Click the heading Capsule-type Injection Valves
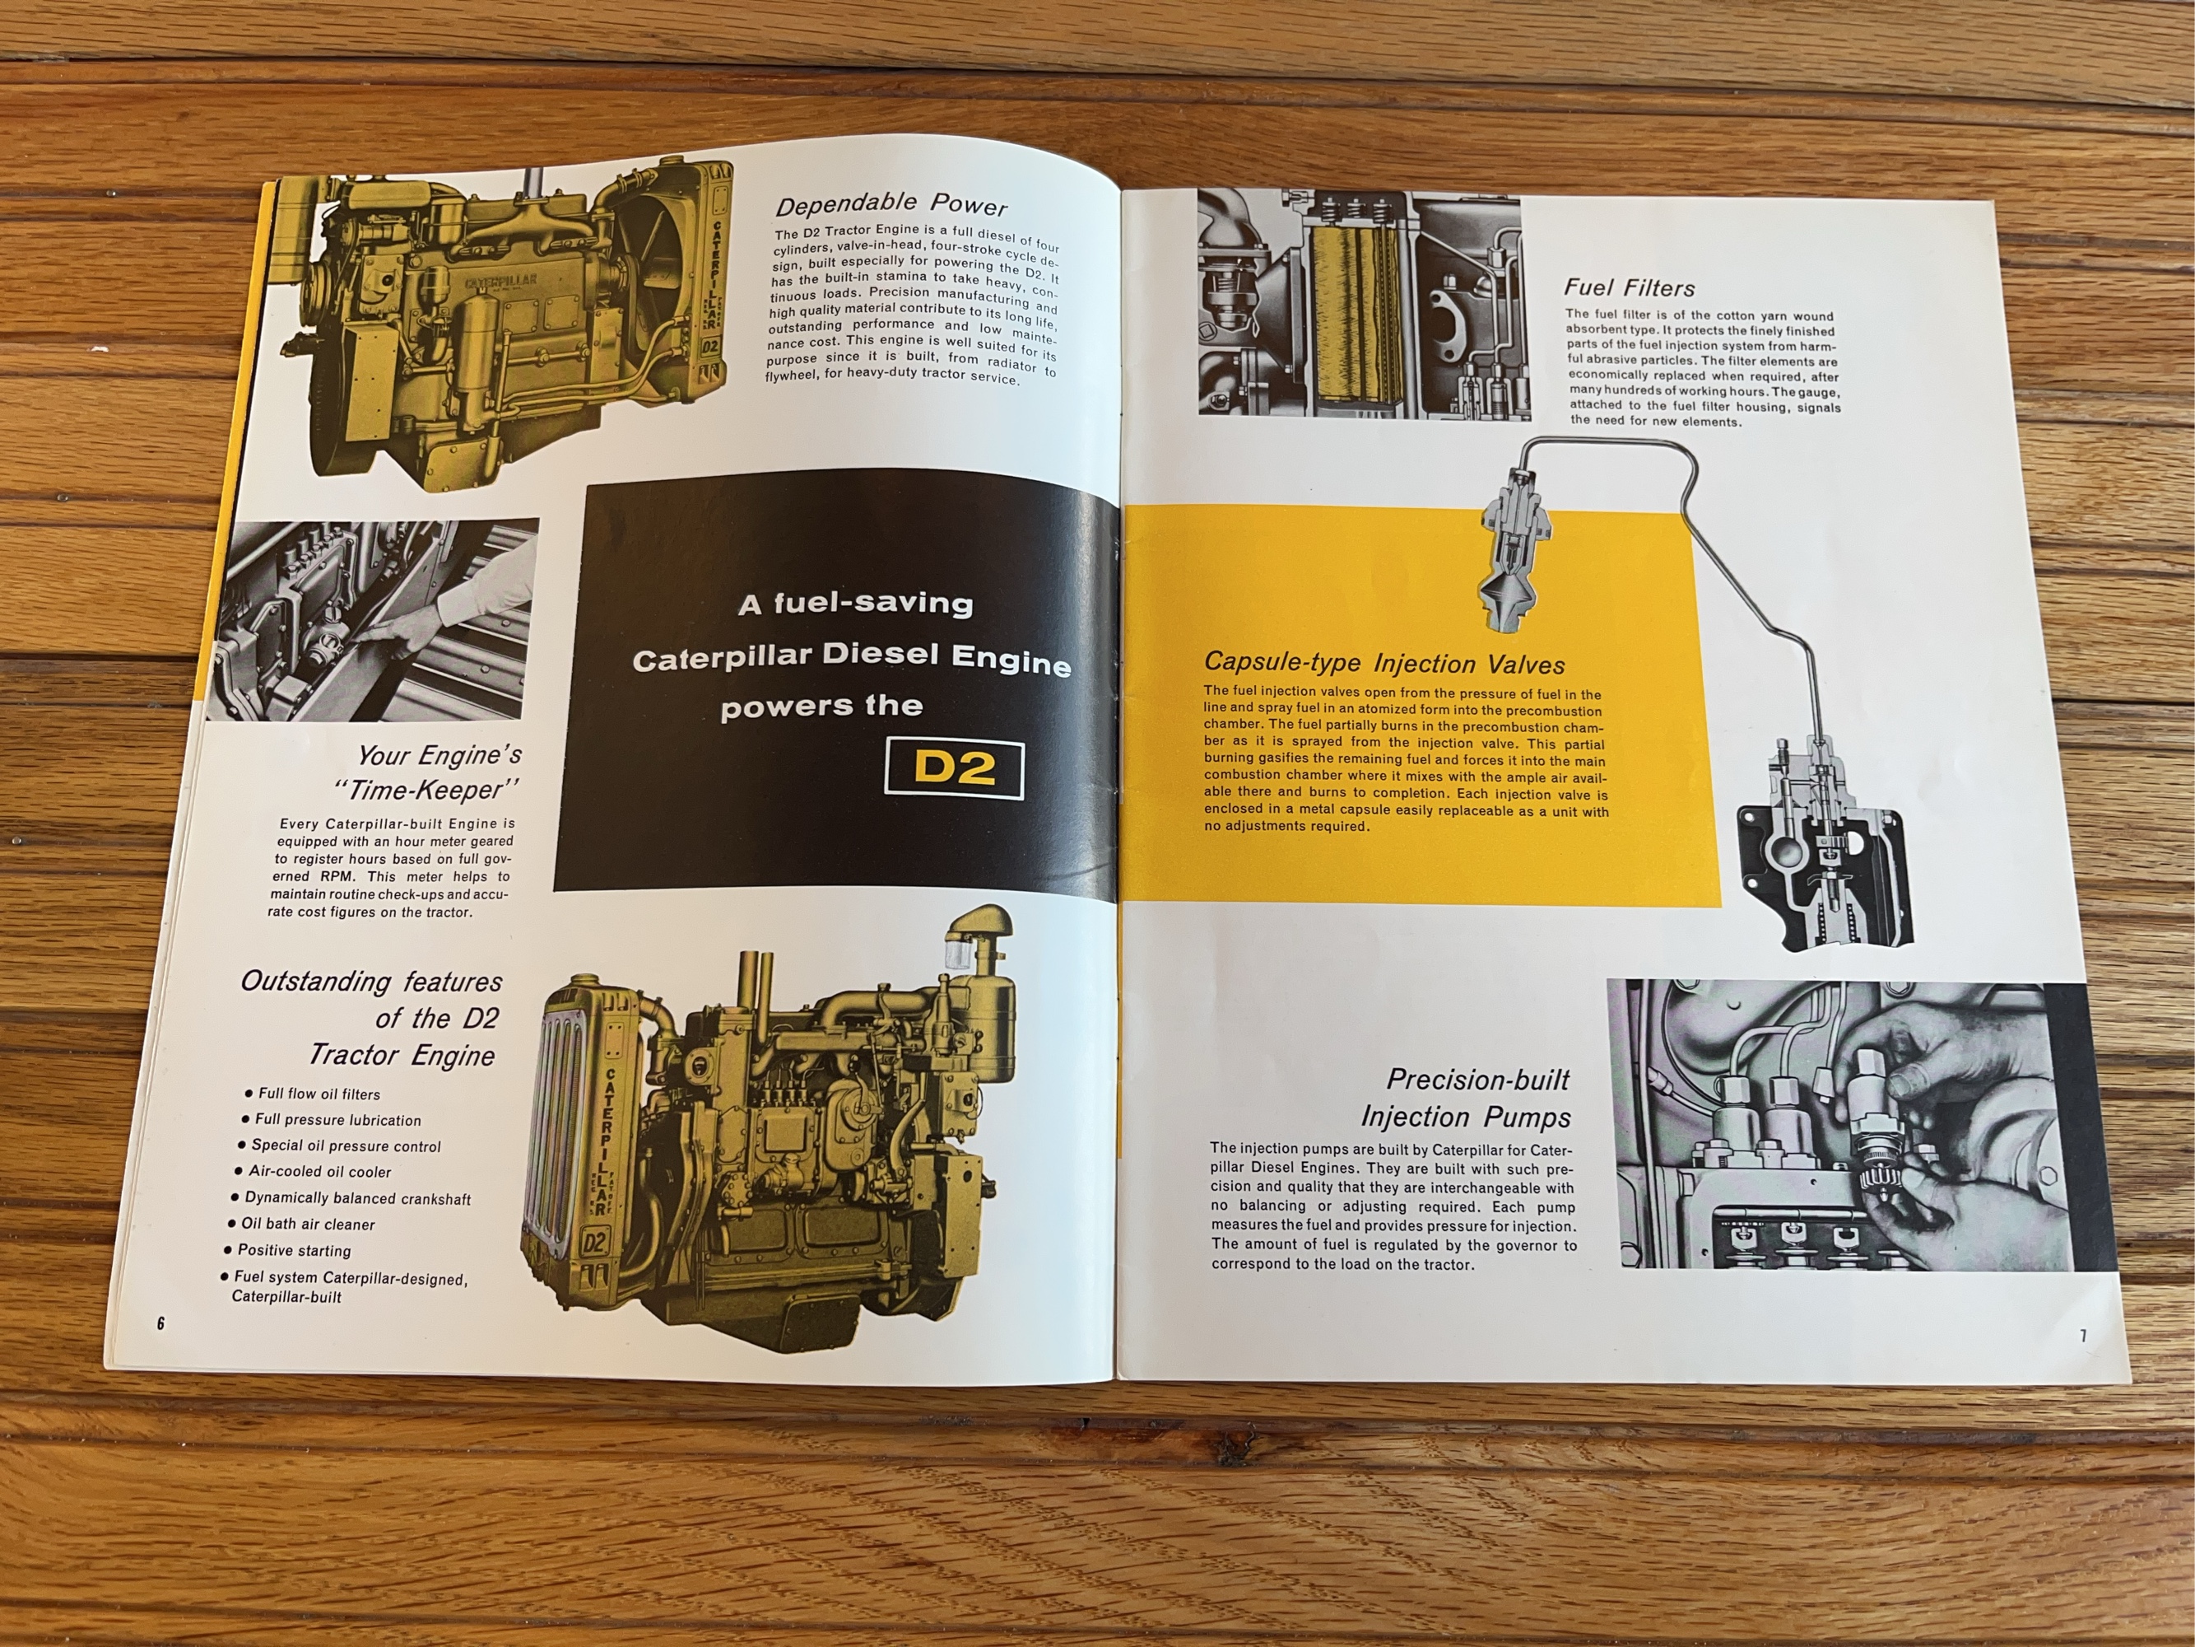coord(1384,662)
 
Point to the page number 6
coord(160,1323)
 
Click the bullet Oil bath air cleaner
coord(308,1224)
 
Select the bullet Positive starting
coord(294,1251)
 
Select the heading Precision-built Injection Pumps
coord(1467,1098)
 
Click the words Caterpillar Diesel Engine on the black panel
coord(851,658)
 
